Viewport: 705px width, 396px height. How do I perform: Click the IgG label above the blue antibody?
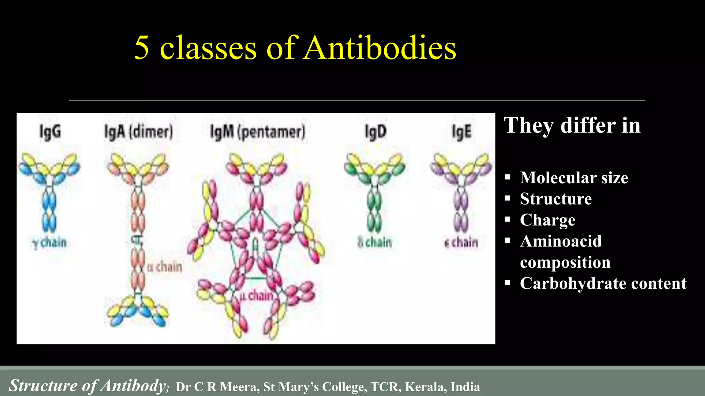50,132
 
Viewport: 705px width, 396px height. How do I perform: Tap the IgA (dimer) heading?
138,132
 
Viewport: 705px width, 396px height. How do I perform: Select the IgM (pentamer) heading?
257,132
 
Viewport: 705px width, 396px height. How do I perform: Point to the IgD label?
376,132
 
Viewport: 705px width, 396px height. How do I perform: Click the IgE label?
461,132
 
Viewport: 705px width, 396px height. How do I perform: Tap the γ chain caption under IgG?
50,243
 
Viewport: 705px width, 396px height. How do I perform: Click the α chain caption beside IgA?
165,267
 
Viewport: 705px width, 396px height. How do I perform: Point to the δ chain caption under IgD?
375,243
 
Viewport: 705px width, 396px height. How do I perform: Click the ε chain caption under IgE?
461,243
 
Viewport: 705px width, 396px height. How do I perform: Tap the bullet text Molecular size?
574,178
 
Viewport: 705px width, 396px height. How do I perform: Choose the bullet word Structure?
556,199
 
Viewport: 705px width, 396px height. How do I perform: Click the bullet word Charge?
547,220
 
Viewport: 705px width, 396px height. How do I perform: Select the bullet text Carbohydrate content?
603,283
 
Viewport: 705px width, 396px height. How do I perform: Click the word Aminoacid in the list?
561,241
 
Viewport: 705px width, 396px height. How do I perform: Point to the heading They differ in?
572,125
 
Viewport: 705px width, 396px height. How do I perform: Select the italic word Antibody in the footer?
134,385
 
